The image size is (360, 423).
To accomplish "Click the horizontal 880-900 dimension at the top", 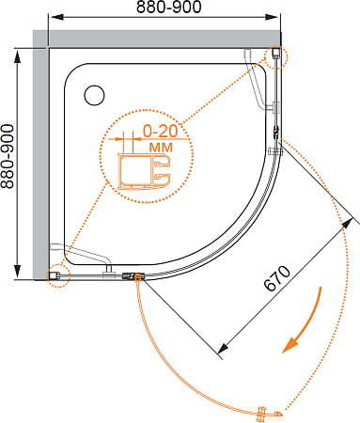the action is [x=169, y=7].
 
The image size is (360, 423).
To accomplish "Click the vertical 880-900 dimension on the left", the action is [x=8, y=156].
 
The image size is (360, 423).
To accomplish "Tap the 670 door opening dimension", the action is [x=277, y=278].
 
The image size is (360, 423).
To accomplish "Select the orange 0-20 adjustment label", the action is [x=161, y=131].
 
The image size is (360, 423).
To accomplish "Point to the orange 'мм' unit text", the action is [x=161, y=147].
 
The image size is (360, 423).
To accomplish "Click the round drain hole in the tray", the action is [x=94, y=95].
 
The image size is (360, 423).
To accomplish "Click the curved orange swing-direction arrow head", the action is [x=290, y=345].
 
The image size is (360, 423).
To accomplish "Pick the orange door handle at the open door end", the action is [x=269, y=414].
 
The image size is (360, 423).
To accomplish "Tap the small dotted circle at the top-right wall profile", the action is [x=275, y=56].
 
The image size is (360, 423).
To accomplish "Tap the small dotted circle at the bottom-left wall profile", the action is [x=58, y=275].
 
